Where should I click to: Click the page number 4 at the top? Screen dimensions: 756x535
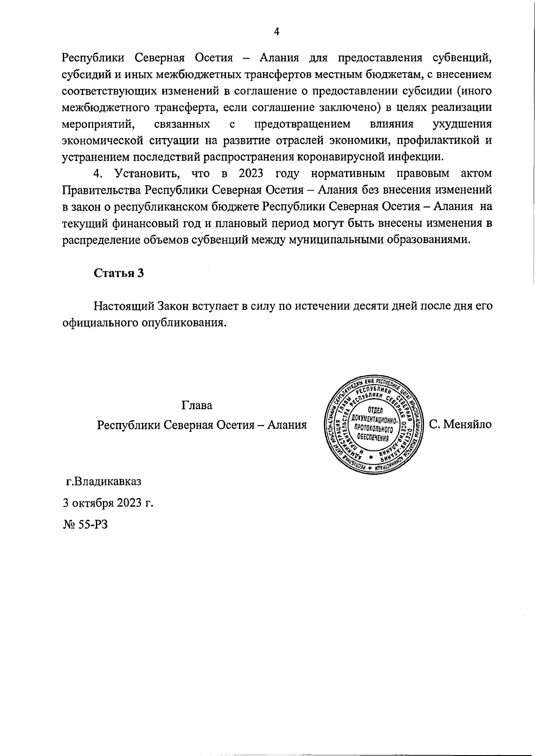tap(276, 31)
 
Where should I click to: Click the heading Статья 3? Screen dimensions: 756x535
tap(118, 273)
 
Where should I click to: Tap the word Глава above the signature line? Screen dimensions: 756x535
tap(197, 406)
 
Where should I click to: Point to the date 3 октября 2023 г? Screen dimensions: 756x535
tap(107, 503)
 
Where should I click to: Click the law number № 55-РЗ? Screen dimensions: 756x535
tap(85, 524)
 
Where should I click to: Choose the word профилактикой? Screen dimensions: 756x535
tap(436, 140)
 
